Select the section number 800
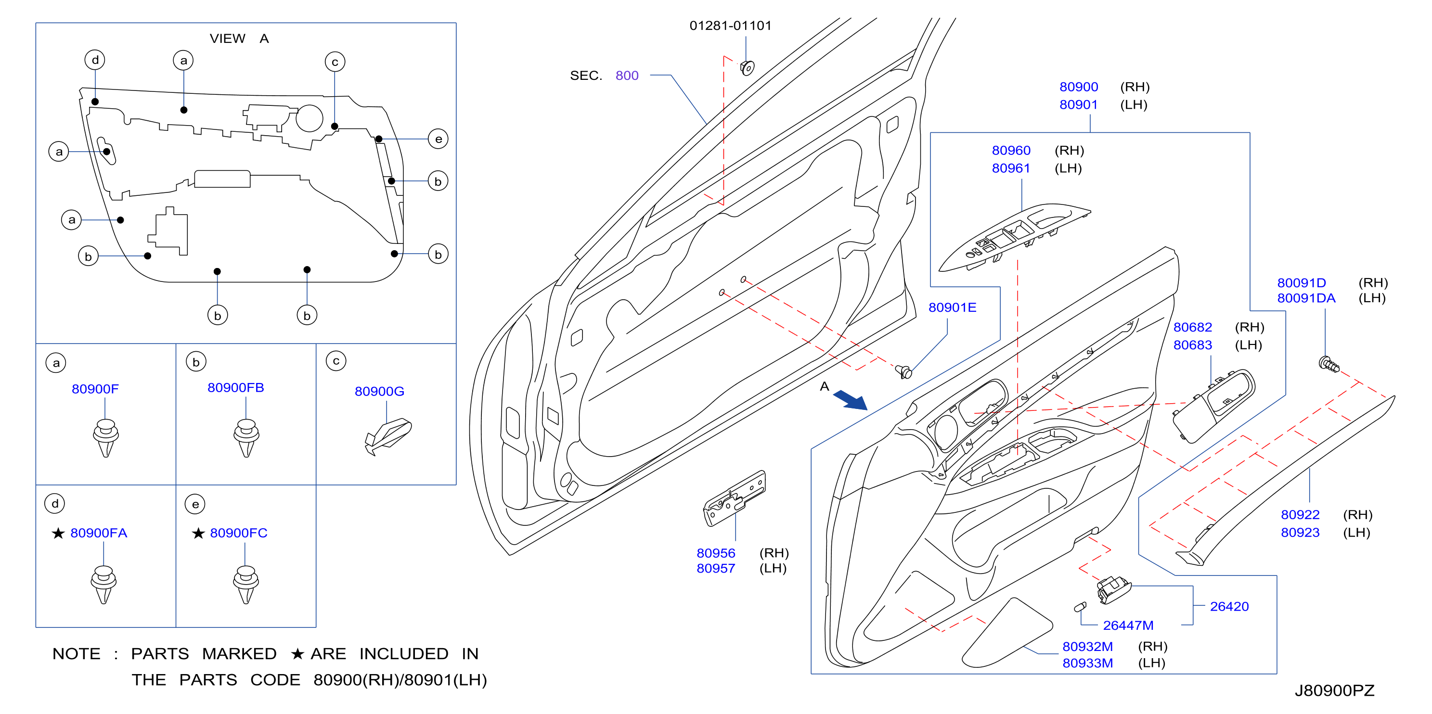coord(627,76)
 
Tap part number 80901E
coord(952,307)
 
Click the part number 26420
coord(1229,606)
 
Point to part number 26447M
coord(1128,625)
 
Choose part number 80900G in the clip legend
coord(379,391)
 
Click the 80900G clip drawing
coord(387,436)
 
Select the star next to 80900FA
coord(58,534)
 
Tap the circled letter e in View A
coord(438,139)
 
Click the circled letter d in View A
coord(95,60)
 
